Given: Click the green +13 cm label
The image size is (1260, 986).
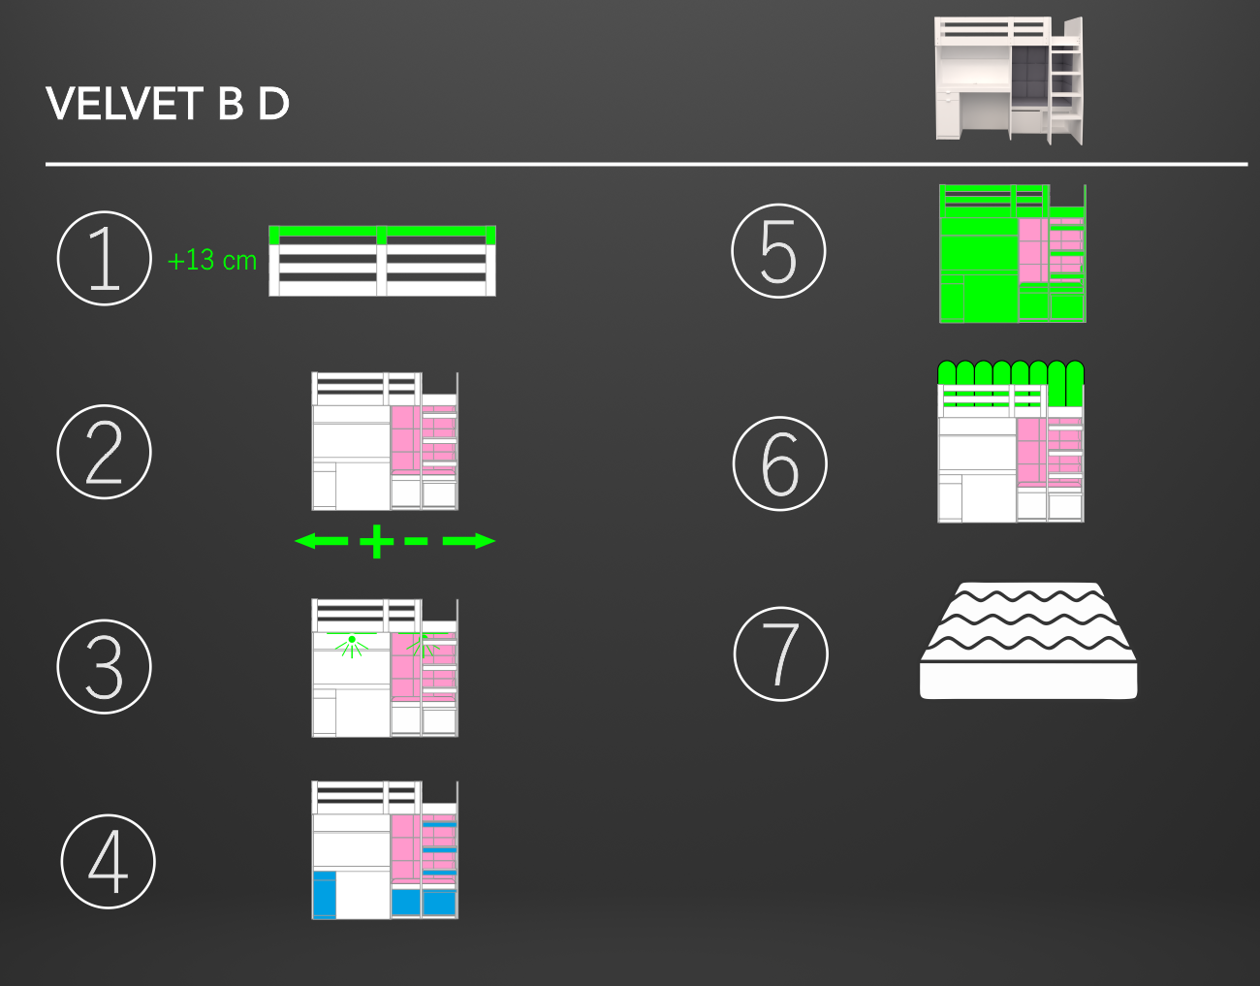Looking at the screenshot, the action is pyautogui.click(x=212, y=261).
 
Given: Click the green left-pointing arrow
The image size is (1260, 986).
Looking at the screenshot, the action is pyautogui.click(x=321, y=541).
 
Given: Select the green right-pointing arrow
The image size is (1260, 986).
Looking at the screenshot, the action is pyautogui.click(x=469, y=541).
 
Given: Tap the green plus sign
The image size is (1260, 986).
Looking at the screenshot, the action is pyautogui.click(x=377, y=542).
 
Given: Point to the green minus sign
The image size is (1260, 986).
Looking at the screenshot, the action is pyautogui.click(x=417, y=542).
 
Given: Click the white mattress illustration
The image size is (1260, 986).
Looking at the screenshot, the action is pyautogui.click(x=1028, y=641).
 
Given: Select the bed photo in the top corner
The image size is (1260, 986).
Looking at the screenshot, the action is pyautogui.click(x=1009, y=80).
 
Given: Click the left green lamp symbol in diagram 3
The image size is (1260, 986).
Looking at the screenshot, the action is pyautogui.click(x=352, y=645).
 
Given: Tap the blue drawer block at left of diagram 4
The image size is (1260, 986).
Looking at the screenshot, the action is pyautogui.click(x=324, y=894).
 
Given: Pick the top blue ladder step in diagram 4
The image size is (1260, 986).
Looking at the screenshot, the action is pyautogui.click(x=439, y=824).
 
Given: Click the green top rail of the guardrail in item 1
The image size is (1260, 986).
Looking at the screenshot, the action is pyautogui.click(x=382, y=232).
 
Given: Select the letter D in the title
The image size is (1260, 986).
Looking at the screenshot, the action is pyautogui.click(x=273, y=104).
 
